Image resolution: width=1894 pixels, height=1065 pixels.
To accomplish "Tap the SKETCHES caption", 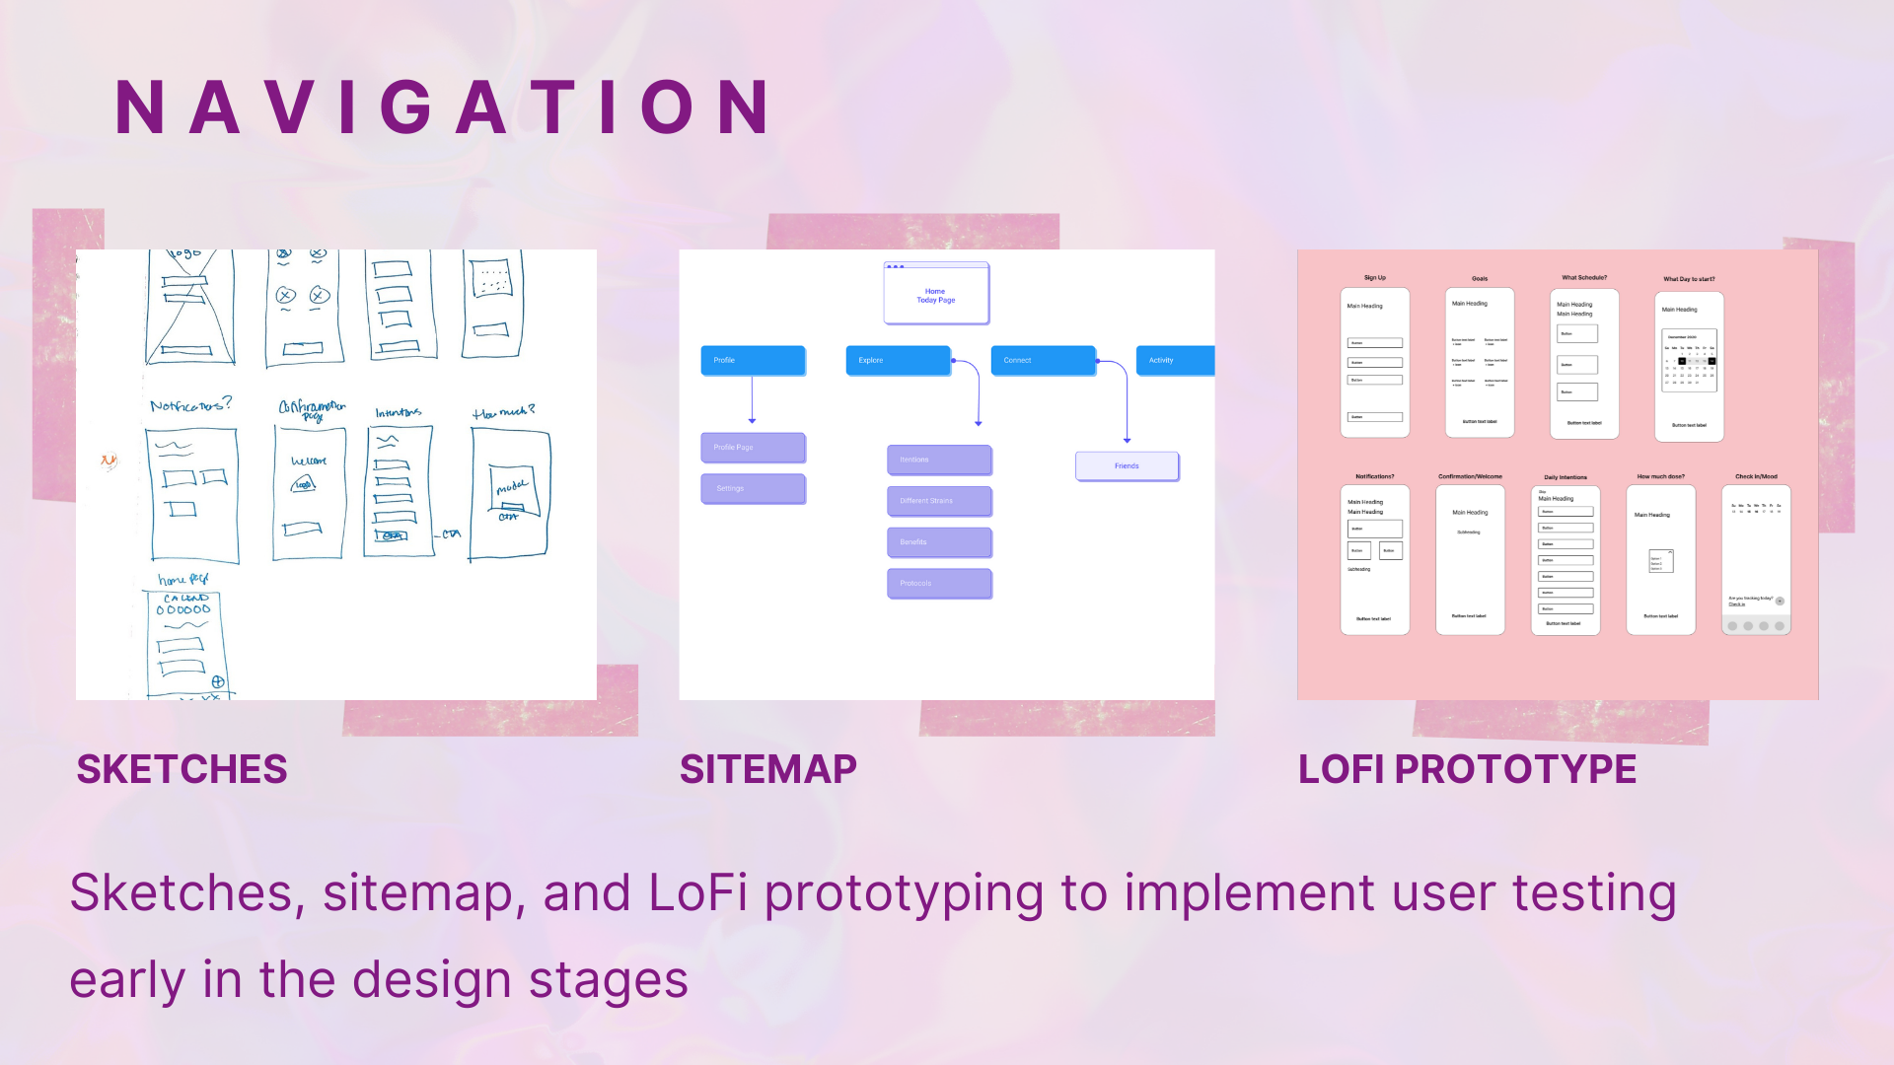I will point(182,769).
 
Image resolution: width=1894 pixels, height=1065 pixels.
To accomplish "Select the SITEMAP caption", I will point(768,769).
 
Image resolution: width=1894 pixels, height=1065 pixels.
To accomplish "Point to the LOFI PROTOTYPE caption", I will point(1467,769).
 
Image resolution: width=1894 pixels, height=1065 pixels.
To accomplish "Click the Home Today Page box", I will point(936,295).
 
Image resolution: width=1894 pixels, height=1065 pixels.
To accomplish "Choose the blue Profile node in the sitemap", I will point(753,361).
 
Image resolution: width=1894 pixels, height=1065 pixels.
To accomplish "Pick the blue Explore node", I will point(898,361).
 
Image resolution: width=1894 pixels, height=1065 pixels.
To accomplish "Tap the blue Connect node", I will point(1043,361).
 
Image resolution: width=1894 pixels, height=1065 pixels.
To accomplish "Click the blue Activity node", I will point(1175,361).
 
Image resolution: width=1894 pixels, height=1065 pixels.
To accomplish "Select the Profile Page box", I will point(753,448).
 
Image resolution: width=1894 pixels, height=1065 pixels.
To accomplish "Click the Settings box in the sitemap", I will point(753,489).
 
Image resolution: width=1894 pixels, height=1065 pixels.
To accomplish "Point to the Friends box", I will point(1127,466).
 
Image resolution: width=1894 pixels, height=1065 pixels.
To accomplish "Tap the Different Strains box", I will point(939,501).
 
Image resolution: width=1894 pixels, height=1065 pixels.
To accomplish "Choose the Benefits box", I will point(939,542).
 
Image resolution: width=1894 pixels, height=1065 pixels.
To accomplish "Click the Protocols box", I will point(939,584).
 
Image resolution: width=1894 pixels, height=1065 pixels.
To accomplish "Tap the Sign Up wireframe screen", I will point(1375,362).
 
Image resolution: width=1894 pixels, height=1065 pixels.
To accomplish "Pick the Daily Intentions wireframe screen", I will point(1566,559).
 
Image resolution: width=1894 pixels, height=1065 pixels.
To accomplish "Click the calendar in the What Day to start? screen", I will point(1690,361).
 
